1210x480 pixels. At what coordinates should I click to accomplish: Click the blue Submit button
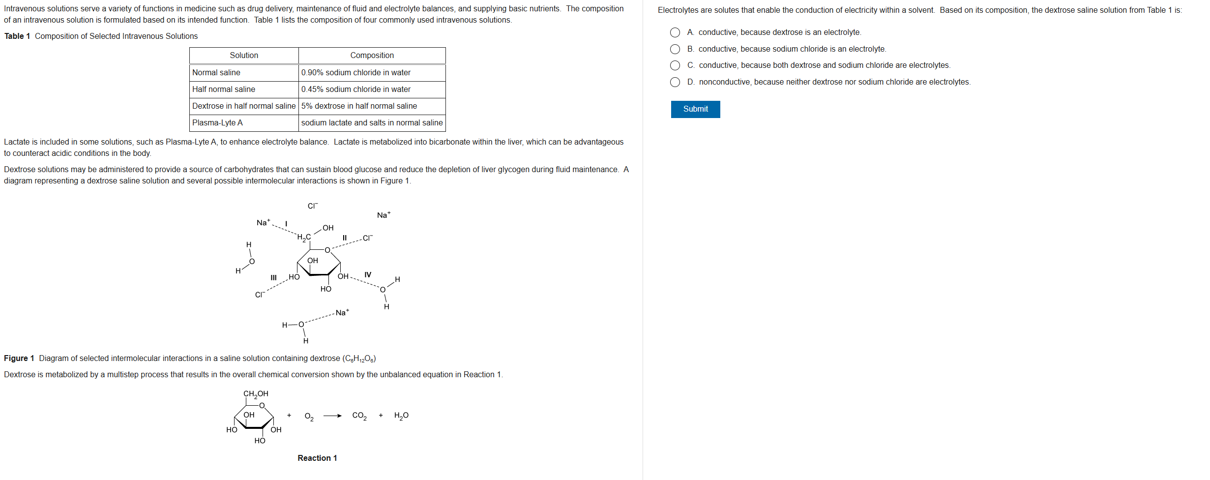pos(695,109)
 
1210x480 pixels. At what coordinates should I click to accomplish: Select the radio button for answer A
pos(675,32)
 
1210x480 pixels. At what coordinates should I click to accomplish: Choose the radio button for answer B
pos(675,49)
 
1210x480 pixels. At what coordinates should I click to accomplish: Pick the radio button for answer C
pos(675,65)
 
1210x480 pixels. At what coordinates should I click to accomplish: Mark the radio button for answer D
pos(675,82)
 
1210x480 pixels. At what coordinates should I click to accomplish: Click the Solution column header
pos(244,56)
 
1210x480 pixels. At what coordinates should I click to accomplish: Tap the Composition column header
pos(372,56)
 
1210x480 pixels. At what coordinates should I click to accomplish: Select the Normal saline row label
pos(216,73)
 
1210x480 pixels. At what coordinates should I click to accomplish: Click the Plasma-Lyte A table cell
pos(217,123)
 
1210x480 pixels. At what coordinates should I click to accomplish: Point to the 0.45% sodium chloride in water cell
pos(356,90)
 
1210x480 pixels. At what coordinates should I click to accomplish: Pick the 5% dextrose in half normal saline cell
pos(359,106)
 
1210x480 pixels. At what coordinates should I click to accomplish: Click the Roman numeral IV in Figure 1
pos(368,275)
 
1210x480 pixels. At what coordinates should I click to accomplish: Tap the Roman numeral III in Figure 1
pos(274,278)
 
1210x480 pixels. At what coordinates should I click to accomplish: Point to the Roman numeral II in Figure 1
pos(345,238)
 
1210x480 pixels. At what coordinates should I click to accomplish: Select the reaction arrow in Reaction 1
pos(332,416)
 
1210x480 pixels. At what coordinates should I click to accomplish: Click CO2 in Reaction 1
pos(359,416)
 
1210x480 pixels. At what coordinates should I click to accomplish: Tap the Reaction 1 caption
pos(317,458)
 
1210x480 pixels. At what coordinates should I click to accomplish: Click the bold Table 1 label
pos(17,36)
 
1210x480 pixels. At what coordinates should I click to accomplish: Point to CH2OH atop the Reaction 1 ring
pos(256,394)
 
